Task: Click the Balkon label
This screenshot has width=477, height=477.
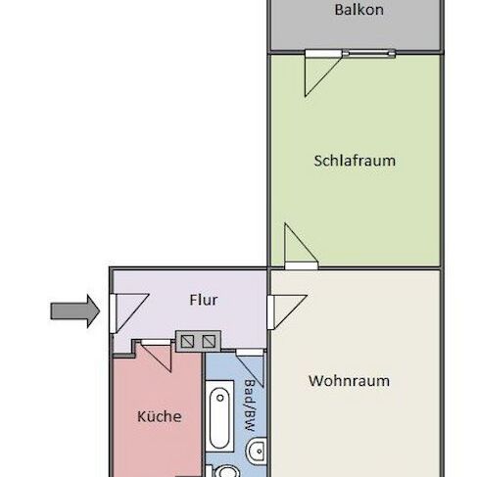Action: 358,11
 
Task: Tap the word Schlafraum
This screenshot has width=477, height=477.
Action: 355,160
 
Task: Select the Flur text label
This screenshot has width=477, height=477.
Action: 203,300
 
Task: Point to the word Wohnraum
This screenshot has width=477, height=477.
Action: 349,381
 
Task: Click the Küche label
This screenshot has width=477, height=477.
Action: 158,416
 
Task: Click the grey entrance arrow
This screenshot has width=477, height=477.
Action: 74,312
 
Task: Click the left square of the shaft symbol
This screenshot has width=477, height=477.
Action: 185,340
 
